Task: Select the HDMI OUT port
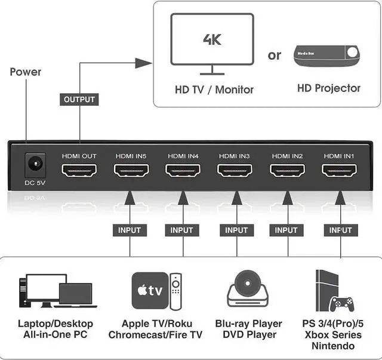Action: [x=79, y=171]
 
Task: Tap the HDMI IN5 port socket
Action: [x=131, y=171]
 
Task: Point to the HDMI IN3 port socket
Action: [x=235, y=171]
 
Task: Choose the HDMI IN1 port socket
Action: [x=339, y=171]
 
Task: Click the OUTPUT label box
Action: [x=79, y=99]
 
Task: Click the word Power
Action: [x=26, y=72]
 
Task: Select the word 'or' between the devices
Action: [x=275, y=55]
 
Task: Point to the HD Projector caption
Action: [x=329, y=88]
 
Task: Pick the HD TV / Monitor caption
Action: [x=214, y=90]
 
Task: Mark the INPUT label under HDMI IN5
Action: [x=130, y=230]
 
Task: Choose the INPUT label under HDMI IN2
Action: [x=286, y=230]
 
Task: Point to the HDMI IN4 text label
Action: [x=183, y=156]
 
